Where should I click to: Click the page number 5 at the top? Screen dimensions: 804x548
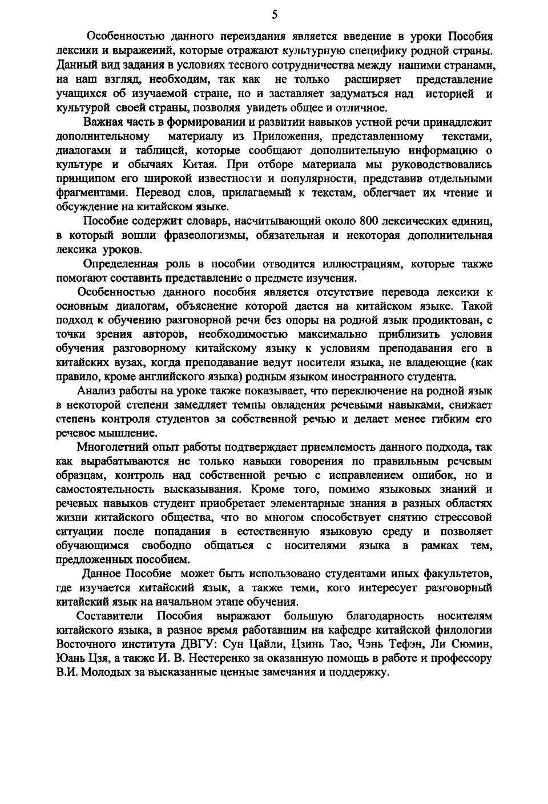[275, 14]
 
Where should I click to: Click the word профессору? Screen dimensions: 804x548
[461, 658]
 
